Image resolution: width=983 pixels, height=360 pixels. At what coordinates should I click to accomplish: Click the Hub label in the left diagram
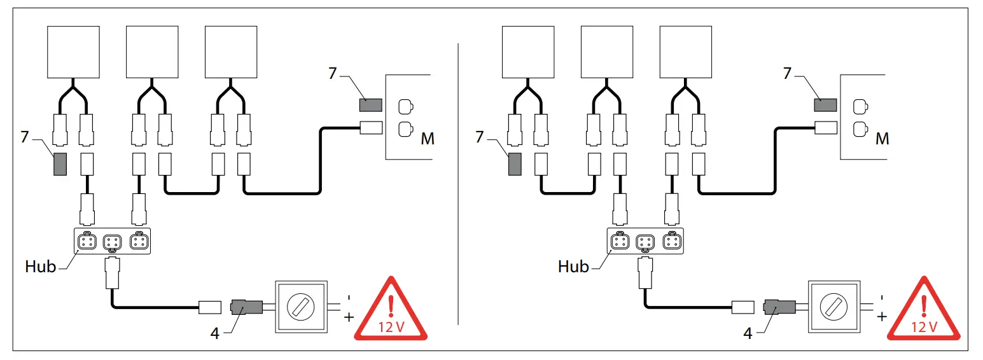(41, 267)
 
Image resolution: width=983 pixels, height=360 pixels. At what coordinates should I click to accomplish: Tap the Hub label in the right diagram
(573, 267)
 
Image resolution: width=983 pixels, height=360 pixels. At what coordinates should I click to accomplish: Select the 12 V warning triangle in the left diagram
(391, 312)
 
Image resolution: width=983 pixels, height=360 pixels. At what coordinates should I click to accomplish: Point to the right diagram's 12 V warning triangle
(923, 312)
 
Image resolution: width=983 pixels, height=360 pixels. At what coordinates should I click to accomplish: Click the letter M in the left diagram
(428, 138)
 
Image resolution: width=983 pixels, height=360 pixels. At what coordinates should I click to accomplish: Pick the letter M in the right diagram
(882, 138)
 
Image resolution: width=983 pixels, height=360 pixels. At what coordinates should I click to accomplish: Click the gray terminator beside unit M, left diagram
(370, 105)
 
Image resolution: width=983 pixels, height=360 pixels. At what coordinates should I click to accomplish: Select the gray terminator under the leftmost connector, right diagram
(514, 164)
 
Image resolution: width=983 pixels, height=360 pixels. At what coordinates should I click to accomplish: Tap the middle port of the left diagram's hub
(113, 242)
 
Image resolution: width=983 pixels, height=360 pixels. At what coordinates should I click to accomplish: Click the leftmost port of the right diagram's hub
(618, 242)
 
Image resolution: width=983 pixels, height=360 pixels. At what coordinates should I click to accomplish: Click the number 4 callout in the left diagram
(215, 333)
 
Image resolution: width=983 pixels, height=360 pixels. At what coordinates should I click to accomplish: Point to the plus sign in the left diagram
(349, 316)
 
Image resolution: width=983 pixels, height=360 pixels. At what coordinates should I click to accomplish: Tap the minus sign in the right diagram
(881, 297)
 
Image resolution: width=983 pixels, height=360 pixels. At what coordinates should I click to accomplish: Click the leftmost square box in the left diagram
(74, 51)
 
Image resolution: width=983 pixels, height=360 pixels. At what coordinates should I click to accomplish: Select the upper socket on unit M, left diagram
(405, 106)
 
